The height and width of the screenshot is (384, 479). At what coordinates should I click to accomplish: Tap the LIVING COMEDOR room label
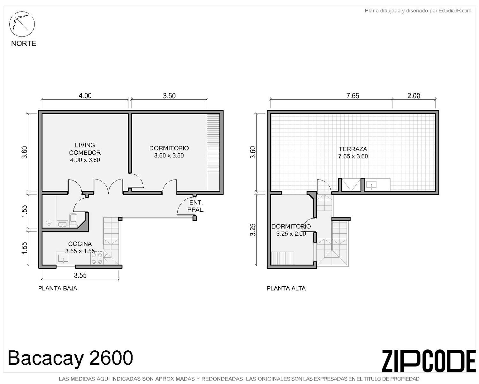tap(85, 149)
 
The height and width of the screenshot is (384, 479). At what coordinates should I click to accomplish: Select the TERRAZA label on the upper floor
tap(353, 149)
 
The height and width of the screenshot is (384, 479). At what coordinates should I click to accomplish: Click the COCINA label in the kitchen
tap(80, 244)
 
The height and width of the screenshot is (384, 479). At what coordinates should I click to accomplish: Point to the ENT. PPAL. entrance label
tap(196, 206)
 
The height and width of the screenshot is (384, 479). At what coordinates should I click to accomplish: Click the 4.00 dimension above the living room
tap(85, 96)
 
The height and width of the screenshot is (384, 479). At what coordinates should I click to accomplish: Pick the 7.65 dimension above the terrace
tap(353, 96)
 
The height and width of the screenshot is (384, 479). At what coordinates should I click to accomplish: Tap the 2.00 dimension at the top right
tap(414, 96)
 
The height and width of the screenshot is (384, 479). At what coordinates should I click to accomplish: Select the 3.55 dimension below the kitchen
tap(80, 275)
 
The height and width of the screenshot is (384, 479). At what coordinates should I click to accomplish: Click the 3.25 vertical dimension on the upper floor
tap(253, 229)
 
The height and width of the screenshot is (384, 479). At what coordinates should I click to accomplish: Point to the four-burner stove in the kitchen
tap(97, 258)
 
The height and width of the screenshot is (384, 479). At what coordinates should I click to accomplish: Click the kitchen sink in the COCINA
tap(64, 258)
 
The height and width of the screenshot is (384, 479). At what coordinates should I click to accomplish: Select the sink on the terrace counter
tap(371, 185)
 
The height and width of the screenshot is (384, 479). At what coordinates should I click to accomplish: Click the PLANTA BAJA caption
tap(58, 288)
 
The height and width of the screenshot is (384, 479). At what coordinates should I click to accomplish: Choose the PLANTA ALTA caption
tap(286, 288)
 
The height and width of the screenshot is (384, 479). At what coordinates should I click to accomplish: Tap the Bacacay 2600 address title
tap(70, 358)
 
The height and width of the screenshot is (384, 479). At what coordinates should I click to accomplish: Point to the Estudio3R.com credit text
tap(455, 11)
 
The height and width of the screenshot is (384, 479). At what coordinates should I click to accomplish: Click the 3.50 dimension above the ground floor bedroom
tap(169, 96)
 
